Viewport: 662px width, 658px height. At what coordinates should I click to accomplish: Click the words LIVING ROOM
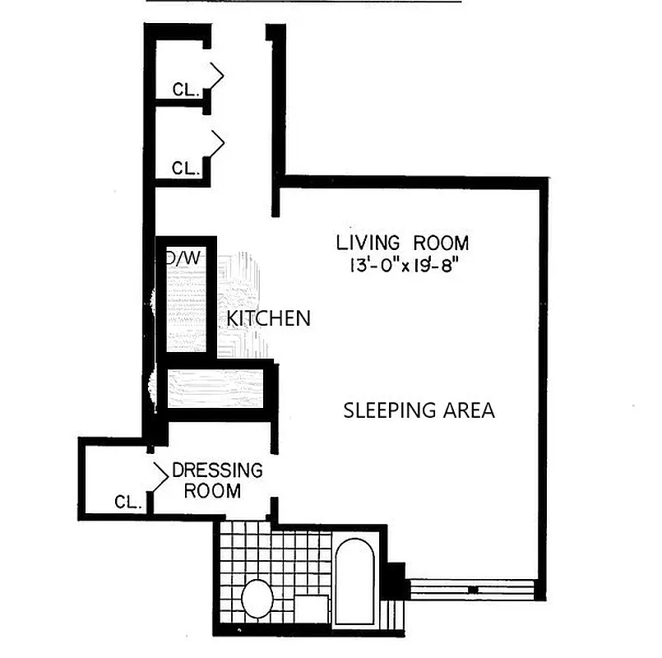coord(402,243)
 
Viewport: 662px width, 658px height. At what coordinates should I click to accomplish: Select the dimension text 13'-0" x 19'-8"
coord(402,266)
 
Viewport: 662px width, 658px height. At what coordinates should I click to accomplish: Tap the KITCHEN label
coord(268,317)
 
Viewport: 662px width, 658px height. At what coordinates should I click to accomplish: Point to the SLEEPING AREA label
coord(419,410)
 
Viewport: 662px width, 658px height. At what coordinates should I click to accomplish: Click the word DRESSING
coord(217,471)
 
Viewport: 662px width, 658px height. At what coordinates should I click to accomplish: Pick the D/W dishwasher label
coord(184,257)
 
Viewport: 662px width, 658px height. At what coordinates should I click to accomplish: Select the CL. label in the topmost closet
coord(186,90)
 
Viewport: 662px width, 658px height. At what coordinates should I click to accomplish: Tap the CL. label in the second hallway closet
coord(186,168)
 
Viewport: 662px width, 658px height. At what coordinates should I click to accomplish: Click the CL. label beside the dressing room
coord(128,501)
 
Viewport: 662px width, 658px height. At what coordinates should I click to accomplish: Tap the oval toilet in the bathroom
coord(257,599)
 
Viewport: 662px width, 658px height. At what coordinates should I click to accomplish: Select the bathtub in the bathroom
coord(355,580)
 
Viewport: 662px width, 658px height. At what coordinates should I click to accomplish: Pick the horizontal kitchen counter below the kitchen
coord(215,387)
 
